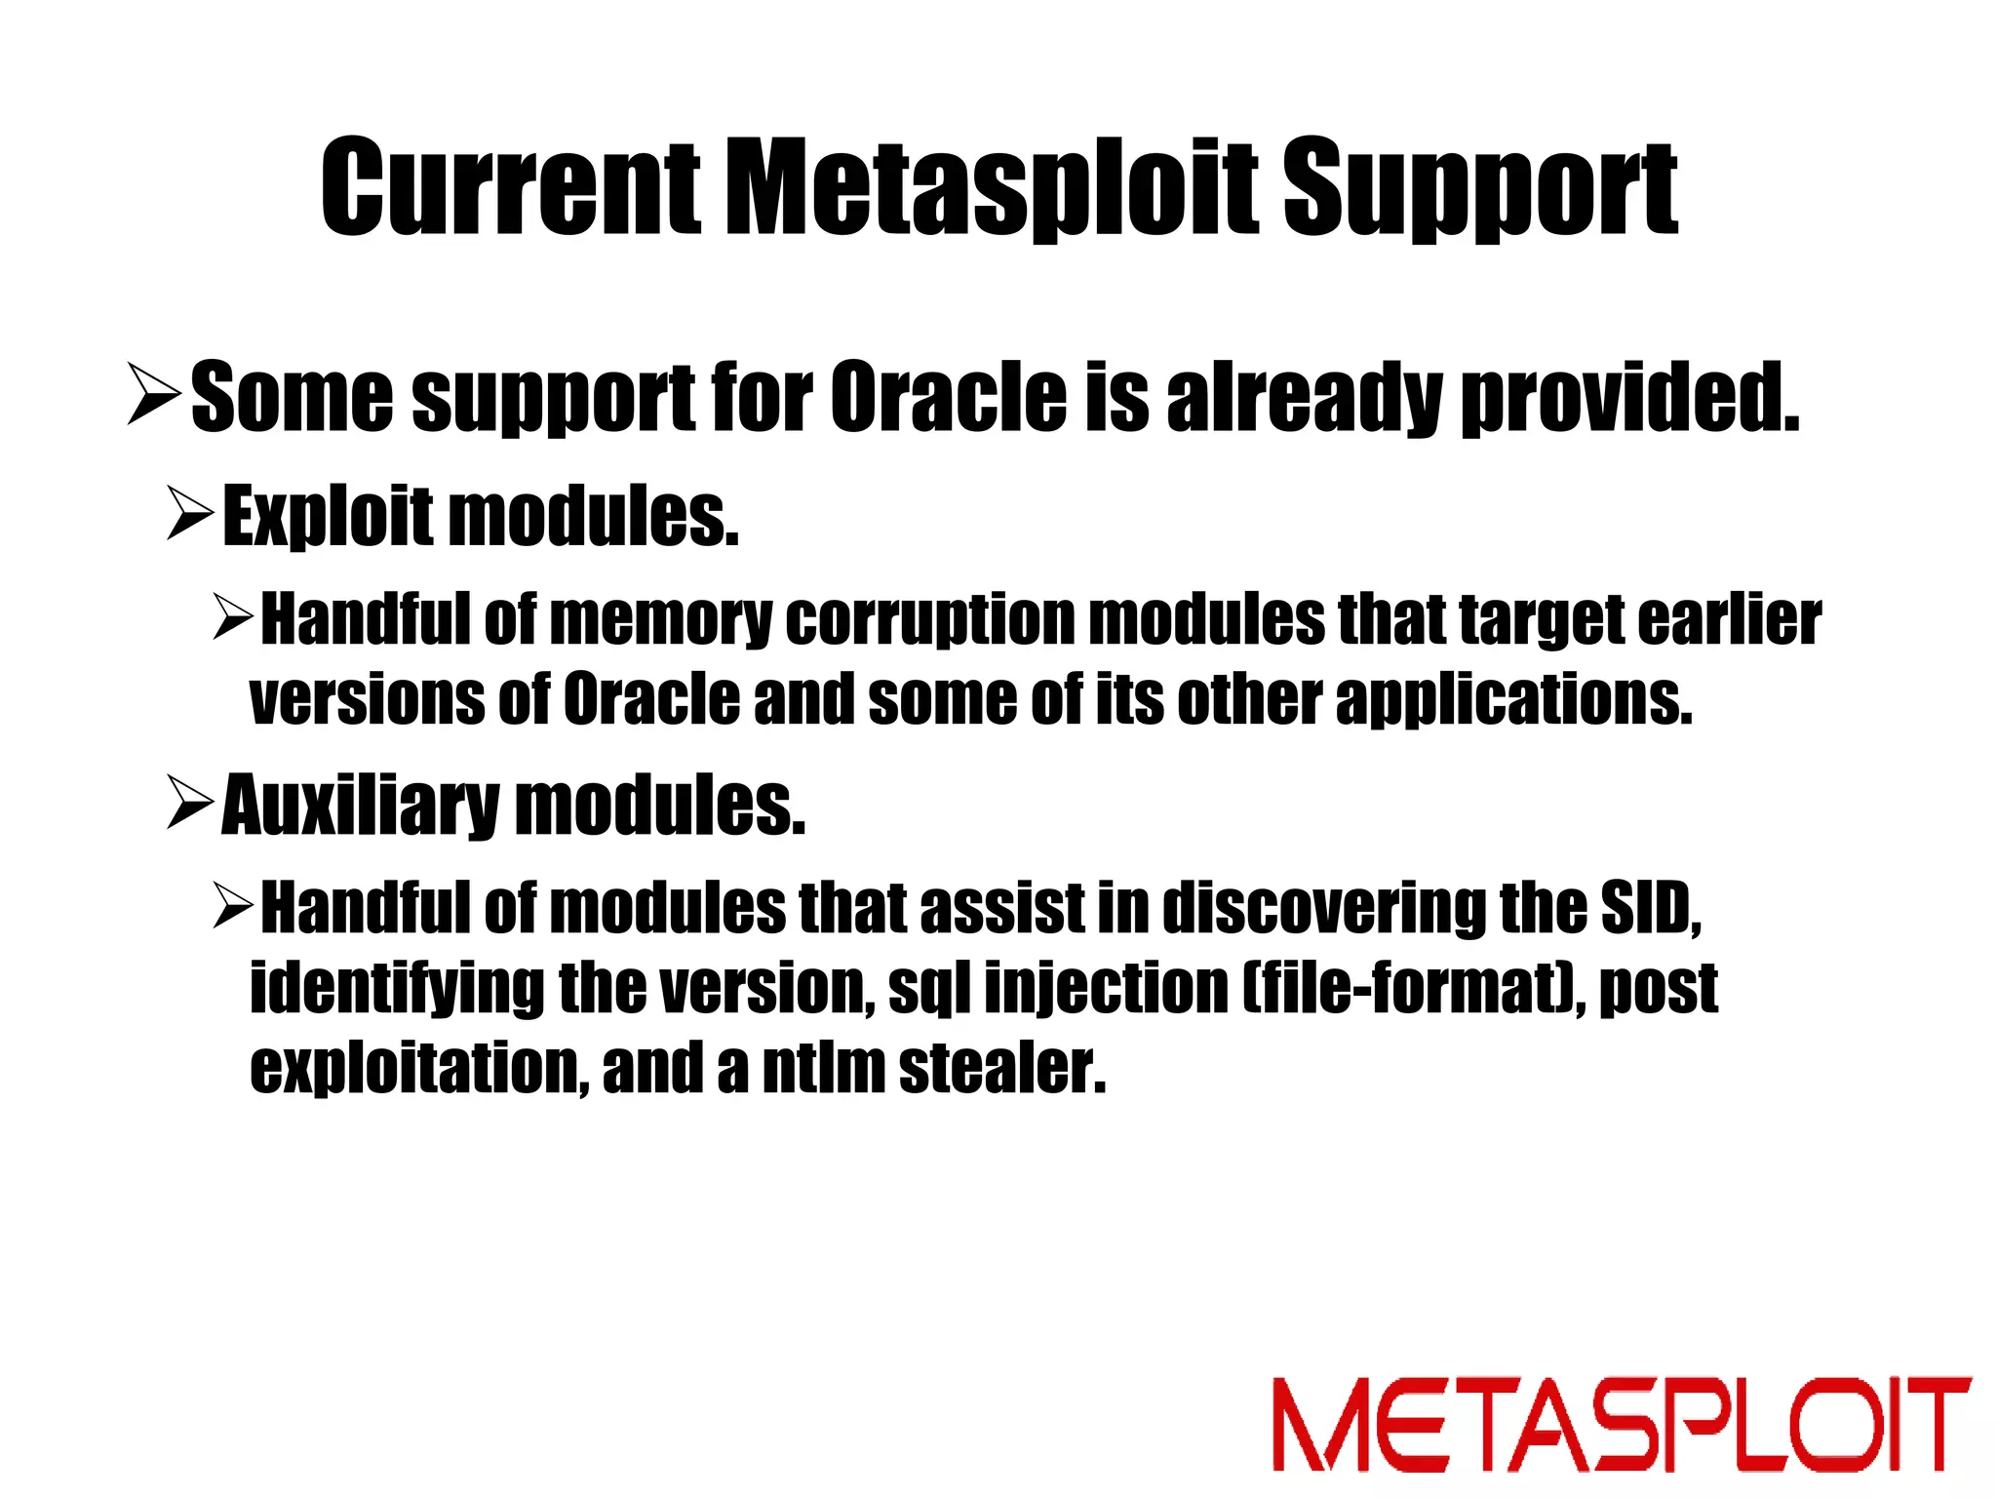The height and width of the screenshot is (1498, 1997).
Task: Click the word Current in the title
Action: pyautogui.click(x=509, y=188)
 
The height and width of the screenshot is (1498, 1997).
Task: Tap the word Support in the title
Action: pyautogui.click(x=1479, y=190)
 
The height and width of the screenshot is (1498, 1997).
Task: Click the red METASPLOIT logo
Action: pyautogui.click(x=1621, y=1425)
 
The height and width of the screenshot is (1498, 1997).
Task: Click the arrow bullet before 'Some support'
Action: pyautogui.click(x=154, y=393)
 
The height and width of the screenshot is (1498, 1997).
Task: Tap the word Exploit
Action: pyautogui.click(x=328, y=516)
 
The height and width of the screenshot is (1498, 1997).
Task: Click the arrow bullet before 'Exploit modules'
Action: pyautogui.click(x=189, y=514)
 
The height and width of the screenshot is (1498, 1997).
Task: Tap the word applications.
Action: pyautogui.click(x=1513, y=699)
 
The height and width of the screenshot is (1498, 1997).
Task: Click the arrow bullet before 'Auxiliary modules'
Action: pyautogui.click(x=189, y=803)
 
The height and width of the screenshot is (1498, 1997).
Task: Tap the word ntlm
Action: pyautogui.click(x=822, y=1069)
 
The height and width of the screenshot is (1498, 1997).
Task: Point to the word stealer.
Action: pyautogui.click(x=1002, y=1069)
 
